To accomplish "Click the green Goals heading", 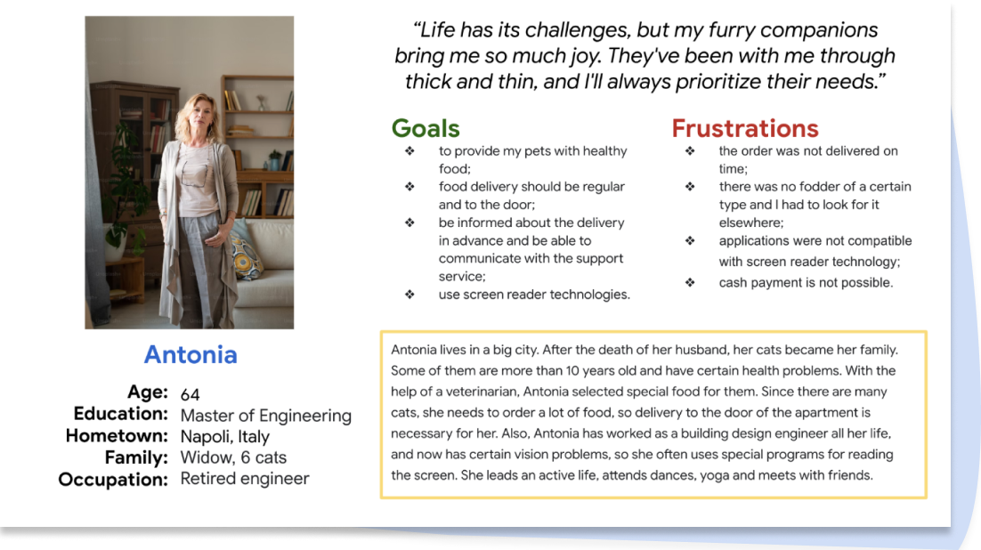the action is click(x=426, y=128).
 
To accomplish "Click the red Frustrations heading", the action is click(x=745, y=128).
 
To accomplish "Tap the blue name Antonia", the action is click(x=191, y=355).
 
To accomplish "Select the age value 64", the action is click(x=190, y=395).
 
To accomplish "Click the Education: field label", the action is click(x=121, y=414).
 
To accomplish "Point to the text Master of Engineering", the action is click(x=266, y=417).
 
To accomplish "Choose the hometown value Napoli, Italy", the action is click(x=224, y=437).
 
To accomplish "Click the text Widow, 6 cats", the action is click(x=233, y=457).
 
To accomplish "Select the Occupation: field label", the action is click(x=113, y=480).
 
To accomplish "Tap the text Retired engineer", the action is click(x=245, y=479).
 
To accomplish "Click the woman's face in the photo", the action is click(x=202, y=115).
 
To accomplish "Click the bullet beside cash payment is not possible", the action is click(x=689, y=282).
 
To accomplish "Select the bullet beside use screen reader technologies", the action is click(x=409, y=294).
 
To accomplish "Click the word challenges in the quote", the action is click(x=577, y=30).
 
